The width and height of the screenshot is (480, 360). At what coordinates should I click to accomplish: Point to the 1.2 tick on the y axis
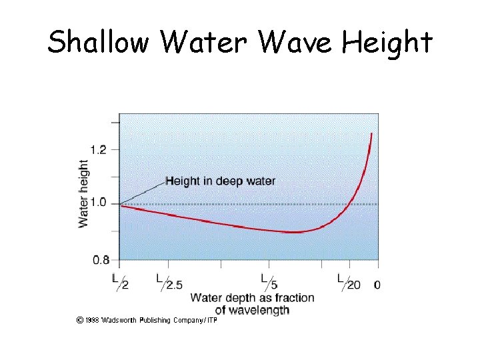click(x=99, y=150)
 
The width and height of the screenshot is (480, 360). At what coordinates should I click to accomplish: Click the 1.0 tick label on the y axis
click(x=99, y=203)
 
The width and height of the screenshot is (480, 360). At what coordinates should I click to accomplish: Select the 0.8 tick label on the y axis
click(x=99, y=259)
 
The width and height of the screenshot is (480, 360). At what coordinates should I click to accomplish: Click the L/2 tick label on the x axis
click(x=121, y=281)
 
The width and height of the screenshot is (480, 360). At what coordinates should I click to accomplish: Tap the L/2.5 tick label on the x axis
click(x=169, y=281)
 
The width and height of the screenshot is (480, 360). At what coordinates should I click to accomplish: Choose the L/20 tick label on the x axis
click(x=348, y=281)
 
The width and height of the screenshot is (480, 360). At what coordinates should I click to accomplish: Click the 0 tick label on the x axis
click(x=377, y=285)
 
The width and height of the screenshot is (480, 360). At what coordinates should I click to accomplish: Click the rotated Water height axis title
click(x=84, y=193)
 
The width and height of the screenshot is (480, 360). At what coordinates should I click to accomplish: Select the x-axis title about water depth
click(x=252, y=303)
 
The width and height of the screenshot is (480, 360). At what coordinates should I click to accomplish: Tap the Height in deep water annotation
click(x=220, y=181)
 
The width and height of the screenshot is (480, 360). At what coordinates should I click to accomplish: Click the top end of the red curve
click(x=371, y=135)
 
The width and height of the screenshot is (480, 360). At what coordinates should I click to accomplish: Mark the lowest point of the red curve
click(x=293, y=232)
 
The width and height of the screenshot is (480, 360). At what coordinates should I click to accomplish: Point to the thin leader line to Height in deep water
click(x=142, y=193)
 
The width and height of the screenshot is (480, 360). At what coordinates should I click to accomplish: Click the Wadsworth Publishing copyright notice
click(x=147, y=320)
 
